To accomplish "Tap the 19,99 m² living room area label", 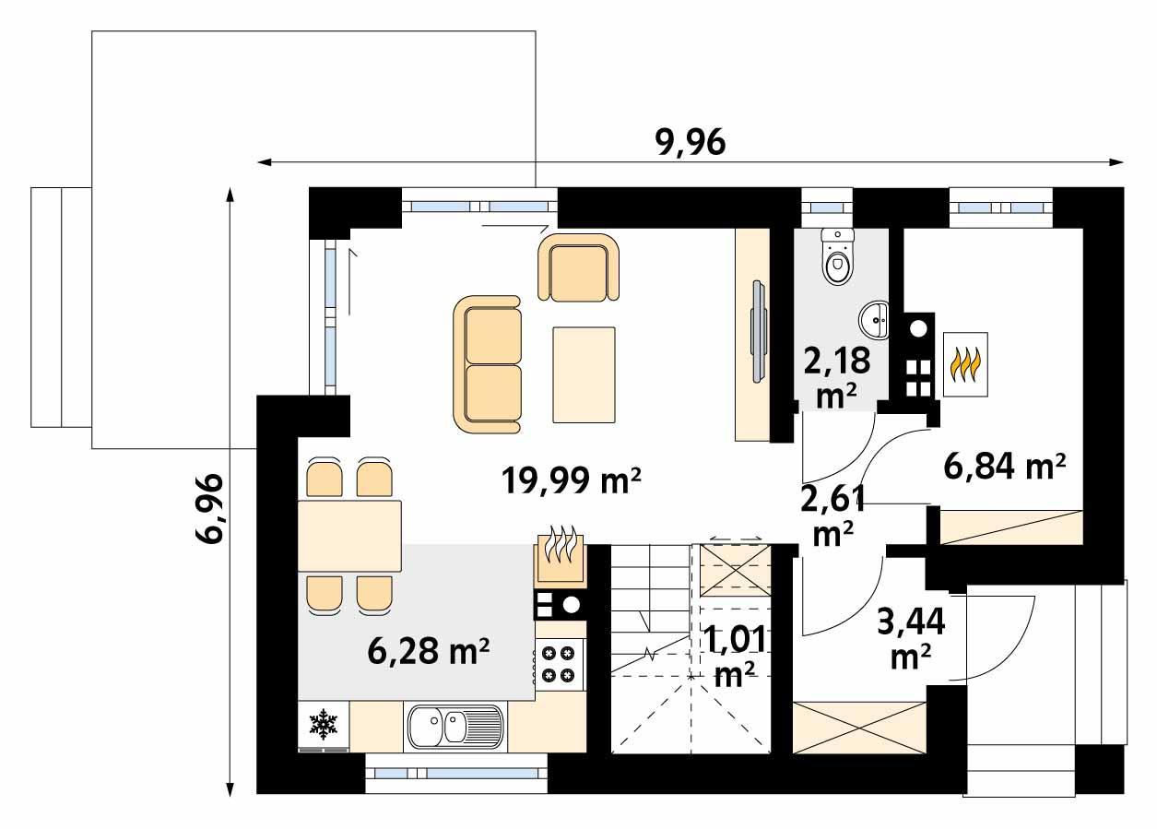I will click(x=571, y=480).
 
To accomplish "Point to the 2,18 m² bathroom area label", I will click(x=836, y=375).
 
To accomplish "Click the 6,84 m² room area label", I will click(x=1005, y=467).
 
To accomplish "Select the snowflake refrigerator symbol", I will click(x=324, y=724).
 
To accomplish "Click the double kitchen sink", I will click(x=455, y=726).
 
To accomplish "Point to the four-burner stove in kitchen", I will click(x=559, y=663).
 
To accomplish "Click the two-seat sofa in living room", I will click(x=488, y=364).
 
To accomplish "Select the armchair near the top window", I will click(x=577, y=267).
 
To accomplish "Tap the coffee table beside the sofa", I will click(x=584, y=374).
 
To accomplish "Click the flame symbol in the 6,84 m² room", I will click(x=965, y=364).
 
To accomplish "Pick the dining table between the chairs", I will click(x=349, y=536).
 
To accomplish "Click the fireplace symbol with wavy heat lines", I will click(x=560, y=556).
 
